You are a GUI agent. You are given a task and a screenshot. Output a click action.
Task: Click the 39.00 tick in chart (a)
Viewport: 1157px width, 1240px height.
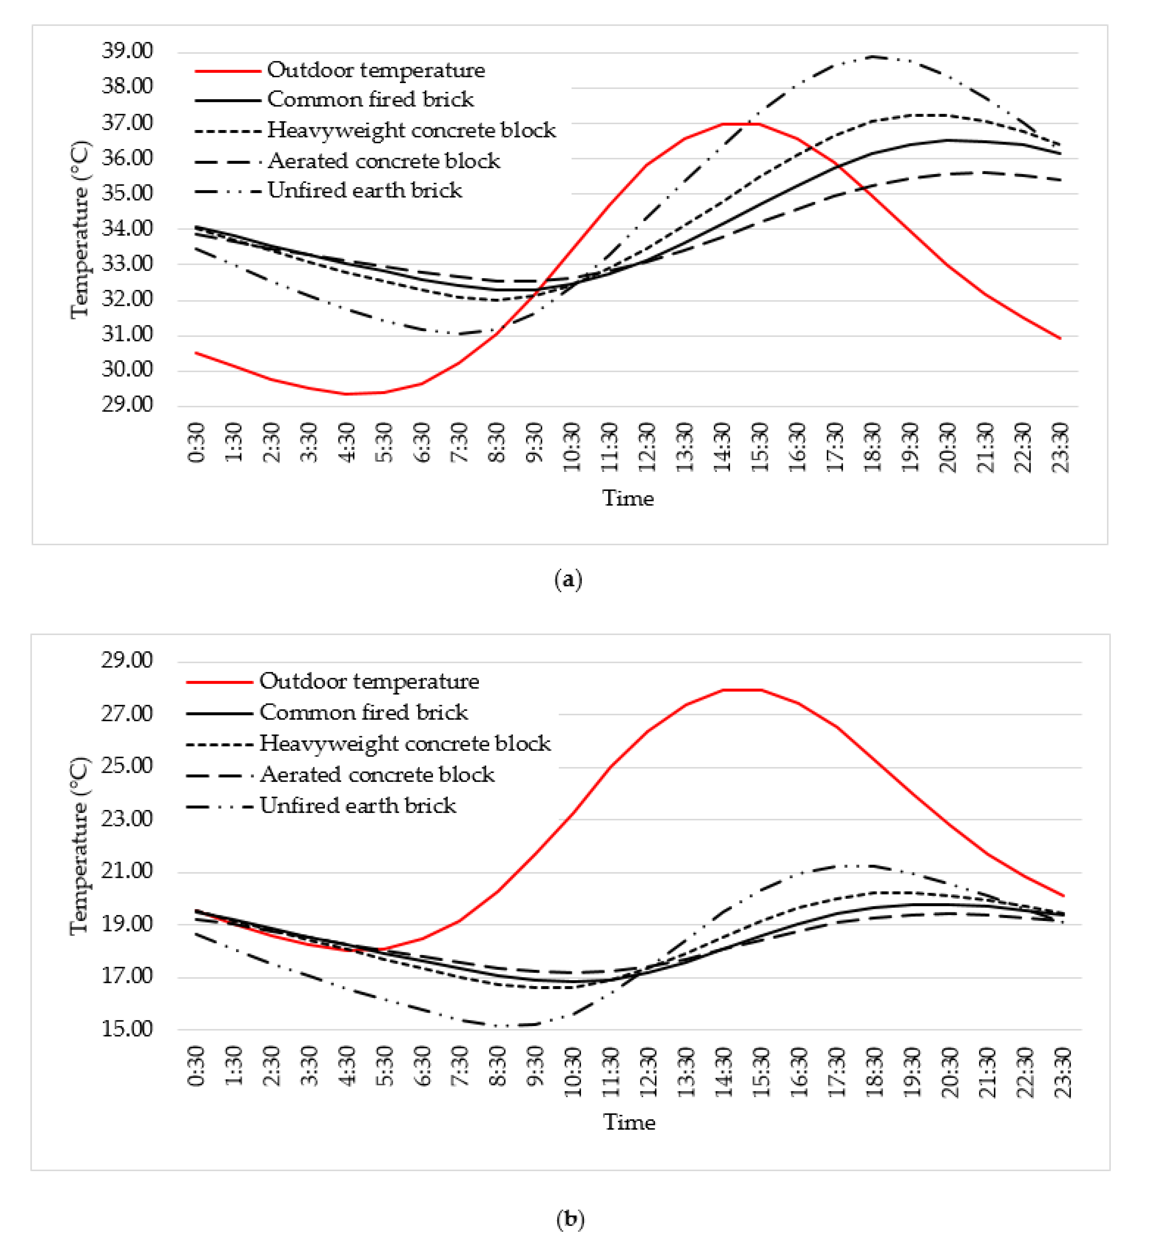point(127,51)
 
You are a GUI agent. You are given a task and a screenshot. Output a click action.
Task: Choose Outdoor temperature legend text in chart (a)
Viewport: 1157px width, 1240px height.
point(376,70)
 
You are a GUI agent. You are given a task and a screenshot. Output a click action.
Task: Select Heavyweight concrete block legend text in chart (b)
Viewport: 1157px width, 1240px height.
point(405,744)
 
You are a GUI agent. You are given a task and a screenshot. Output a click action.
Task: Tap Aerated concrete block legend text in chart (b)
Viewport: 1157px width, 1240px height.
point(377,775)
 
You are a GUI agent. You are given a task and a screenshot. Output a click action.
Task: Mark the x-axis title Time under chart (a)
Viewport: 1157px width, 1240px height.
point(627,498)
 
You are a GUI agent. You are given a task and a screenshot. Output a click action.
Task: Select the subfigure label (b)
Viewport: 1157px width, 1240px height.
point(570,1218)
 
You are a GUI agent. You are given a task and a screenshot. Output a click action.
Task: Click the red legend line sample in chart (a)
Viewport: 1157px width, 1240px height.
point(227,70)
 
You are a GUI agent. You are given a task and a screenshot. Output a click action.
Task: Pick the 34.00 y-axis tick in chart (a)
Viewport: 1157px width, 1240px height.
point(127,228)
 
